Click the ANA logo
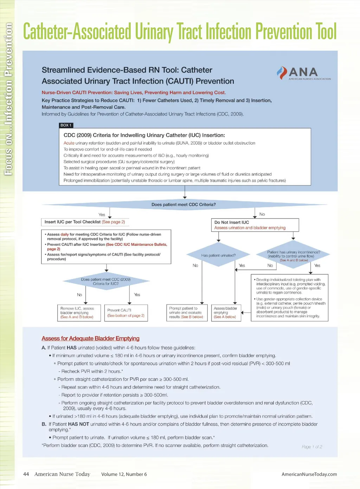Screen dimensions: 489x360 coord(303,73)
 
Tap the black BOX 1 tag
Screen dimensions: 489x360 coord(66,125)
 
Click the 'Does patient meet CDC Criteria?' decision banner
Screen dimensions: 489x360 coord(184,204)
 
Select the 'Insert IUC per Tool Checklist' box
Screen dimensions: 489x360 coord(85,222)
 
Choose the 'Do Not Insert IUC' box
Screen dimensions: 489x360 coord(255,225)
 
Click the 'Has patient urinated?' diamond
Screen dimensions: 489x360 coord(218,255)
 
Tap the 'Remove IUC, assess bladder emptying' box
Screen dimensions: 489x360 coord(79,313)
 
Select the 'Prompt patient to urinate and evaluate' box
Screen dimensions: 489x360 coord(186,313)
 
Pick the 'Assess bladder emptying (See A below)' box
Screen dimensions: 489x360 coord(226,313)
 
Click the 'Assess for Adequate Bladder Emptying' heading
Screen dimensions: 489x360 coord(90,338)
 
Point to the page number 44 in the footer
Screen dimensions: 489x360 coord(26,474)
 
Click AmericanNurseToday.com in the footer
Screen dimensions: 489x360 coord(309,474)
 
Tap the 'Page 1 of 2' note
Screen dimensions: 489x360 coord(312,447)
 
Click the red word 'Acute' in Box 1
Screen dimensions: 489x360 coord(69,143)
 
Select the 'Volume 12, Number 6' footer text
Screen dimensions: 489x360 coord(124,474)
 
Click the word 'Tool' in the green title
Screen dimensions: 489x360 coord(326,32)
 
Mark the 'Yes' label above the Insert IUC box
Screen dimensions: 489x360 coord(102,215)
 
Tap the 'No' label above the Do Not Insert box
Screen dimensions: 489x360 coord(262,214)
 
